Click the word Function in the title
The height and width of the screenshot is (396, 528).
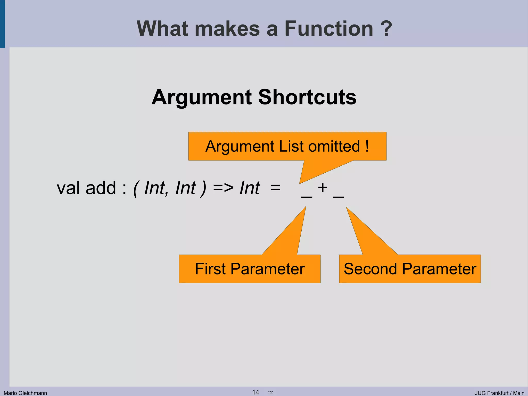328,28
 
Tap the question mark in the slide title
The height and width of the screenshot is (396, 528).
386,28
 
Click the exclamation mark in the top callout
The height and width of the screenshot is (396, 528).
367,146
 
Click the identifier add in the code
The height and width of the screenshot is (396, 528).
101,188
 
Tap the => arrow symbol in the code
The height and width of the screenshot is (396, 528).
223,188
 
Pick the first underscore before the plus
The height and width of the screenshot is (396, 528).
307,197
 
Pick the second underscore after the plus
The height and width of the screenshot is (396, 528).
338,197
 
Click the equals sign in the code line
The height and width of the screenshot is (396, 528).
276,188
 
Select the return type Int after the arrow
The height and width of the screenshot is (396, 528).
250,188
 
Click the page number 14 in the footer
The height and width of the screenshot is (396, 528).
255,392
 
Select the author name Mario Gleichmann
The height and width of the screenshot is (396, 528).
25,393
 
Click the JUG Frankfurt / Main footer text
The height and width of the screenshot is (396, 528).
499,393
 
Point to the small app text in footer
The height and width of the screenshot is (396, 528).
270,392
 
